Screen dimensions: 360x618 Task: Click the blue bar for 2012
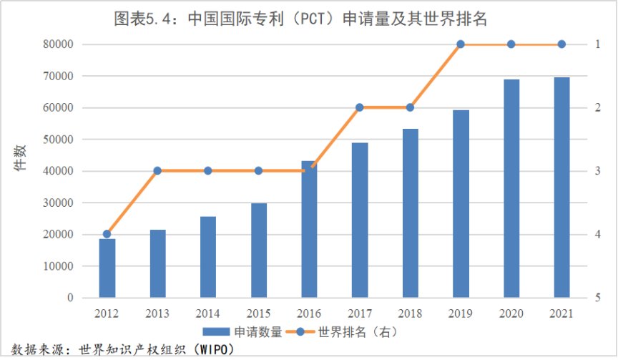107,268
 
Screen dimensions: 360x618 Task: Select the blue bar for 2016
309,229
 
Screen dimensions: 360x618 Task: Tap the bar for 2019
461,204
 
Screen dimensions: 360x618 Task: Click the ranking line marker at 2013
157,170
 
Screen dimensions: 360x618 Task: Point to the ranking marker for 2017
360,107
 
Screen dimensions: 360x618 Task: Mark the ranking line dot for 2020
511,44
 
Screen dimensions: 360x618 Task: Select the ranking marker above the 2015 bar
258,170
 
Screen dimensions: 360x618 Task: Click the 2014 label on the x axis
207,313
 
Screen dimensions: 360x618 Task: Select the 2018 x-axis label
410,313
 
